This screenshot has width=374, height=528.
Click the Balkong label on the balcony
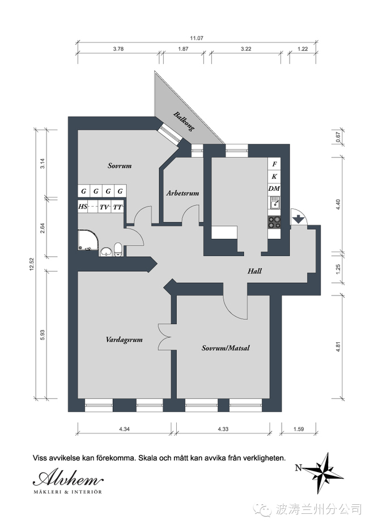tap(184, 121)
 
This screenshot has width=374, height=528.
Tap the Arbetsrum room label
tap(182, 194)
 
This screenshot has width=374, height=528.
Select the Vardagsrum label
tap(124, 340)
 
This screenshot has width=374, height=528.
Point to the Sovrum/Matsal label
tap(226, 348)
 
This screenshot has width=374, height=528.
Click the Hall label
tap(254, 271)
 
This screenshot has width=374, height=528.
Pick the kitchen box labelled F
tap(274, 164)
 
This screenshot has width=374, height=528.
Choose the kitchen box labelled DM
tap(274, 188)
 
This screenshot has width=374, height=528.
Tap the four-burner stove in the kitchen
tap(274, 222)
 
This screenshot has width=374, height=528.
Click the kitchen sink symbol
tap(274, 204)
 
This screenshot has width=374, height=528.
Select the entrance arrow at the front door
tap(298, 219)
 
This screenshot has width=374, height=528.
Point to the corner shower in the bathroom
tap(88, 240)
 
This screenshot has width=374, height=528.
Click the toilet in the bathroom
tap(118, 250)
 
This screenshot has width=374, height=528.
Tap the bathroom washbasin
tap(106, 252)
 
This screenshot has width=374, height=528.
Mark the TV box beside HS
tap(104, 207)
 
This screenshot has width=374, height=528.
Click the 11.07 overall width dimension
tap(197, 38)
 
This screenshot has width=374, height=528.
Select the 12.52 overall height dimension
tap(32, 264)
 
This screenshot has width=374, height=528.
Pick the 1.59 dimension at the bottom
tap(299, 429)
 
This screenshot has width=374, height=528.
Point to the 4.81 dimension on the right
tap(338, 347)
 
